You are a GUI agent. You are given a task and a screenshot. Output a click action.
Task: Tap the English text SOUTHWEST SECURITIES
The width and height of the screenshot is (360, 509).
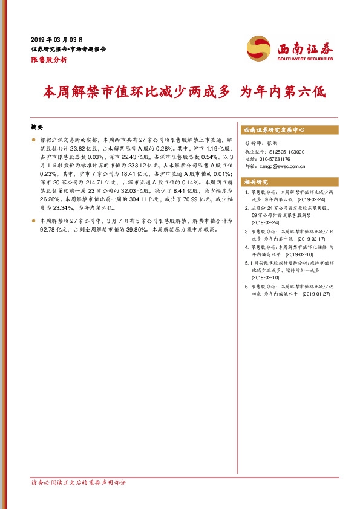click(306, 59)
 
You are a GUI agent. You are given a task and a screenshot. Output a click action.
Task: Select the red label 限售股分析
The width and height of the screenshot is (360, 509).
click(49, 60)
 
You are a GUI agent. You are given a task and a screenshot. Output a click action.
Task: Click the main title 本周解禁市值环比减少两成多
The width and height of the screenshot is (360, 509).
click(137, 92)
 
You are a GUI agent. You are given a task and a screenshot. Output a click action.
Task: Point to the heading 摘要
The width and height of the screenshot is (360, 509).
click(37, 128)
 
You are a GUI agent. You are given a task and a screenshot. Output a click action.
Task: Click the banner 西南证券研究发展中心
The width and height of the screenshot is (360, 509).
click(273, 129)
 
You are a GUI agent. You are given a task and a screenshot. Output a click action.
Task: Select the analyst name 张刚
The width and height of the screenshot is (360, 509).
click(270, 144)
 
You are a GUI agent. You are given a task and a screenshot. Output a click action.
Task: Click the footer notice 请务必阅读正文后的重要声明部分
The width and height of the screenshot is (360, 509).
click(79, 482)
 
